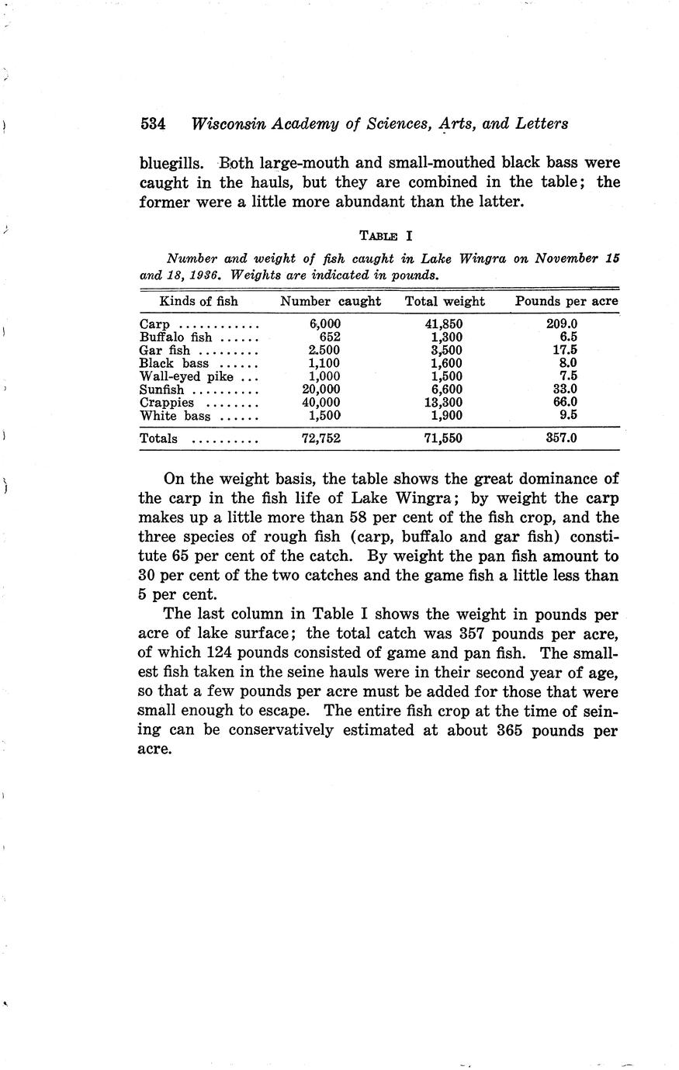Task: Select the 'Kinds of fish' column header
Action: coord(199,301)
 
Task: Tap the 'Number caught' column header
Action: coord(331,301)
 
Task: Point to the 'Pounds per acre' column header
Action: coord(566,301)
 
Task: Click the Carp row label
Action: coord(154,324)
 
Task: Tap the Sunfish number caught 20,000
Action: coord(320,390)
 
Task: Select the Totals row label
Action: coord(158,438)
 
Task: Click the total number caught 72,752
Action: coord(320,438)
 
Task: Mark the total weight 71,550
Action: coord(443,438)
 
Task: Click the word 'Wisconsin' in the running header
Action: coord(230,123)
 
